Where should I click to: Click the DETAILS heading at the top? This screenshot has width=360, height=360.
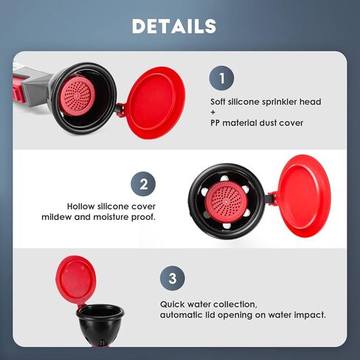(174, 26)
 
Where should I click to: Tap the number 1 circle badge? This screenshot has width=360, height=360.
(222, 78)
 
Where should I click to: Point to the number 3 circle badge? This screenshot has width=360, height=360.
(172, 278)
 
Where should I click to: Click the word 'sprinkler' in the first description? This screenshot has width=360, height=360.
(277, 102)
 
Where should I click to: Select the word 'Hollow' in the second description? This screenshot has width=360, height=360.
(82, 207)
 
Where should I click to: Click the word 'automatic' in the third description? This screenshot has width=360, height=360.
(184, 315)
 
